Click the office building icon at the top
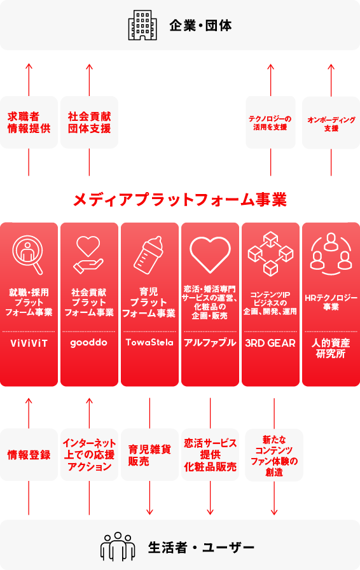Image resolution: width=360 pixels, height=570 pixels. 142,25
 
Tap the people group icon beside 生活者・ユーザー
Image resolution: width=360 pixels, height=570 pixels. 118,546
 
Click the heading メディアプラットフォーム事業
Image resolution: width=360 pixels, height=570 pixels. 180,200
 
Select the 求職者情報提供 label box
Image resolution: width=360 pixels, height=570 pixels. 29,122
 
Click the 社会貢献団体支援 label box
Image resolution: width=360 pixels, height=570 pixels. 89,122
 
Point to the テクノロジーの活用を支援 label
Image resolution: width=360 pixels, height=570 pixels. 270,123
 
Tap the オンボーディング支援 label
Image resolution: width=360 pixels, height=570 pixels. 331,123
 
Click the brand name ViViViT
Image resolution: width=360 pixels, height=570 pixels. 29,343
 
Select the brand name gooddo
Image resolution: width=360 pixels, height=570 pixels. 88,343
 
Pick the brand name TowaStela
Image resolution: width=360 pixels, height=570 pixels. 149,342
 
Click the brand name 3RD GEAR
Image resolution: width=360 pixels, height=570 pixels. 270,343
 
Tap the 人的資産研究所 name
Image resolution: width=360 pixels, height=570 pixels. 331,348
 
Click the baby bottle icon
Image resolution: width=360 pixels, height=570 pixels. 148,255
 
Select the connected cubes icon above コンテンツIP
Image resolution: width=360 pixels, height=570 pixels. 270,253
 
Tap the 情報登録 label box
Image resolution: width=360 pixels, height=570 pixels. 29,455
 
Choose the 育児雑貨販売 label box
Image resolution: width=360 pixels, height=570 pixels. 149,455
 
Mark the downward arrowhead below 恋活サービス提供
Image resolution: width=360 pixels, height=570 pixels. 210,512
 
